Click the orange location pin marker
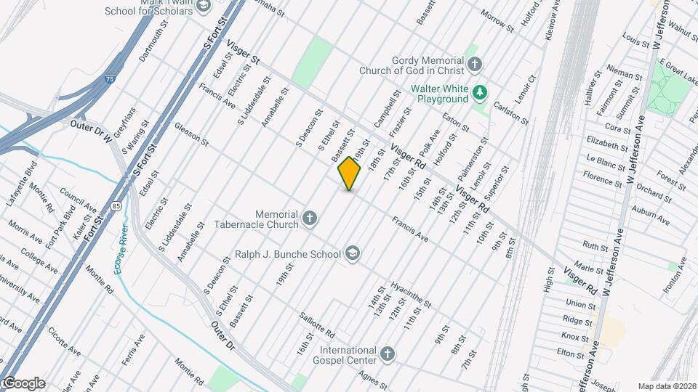coord(350,173)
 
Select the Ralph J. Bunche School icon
coord(353,253)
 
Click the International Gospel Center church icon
coord(388,355)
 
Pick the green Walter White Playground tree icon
coord(479,92)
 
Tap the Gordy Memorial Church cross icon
coord(475,65)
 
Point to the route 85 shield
coord(116,206)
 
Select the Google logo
coord(23,383)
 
